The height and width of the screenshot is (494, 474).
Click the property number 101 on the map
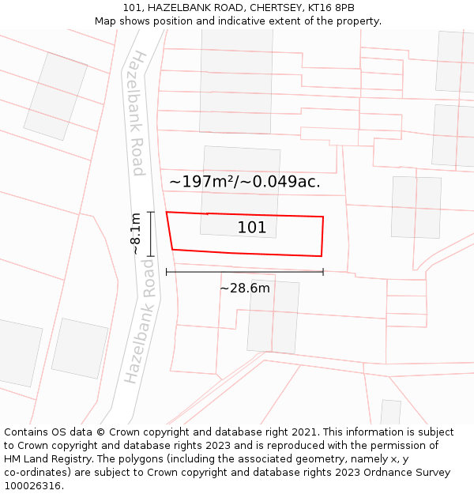click(252, 228)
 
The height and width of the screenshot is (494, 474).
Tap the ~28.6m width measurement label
click(244, 288)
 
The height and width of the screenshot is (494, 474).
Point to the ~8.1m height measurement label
click(135, 233)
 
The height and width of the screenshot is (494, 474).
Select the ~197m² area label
click(202, 182)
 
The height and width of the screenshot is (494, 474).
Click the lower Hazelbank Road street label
click(140, 328)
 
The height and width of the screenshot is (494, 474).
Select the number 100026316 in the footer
click(35, 485)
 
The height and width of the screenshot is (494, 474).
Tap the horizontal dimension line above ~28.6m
click(244, 272)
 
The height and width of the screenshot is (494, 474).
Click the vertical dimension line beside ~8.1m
click(150, 234)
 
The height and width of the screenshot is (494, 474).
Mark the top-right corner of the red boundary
click(323, 217)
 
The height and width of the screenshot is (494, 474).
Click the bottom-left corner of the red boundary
click(172, 250)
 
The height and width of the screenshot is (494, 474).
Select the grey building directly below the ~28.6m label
click(273, 317)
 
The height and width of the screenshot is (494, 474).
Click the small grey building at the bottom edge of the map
click(390, 412)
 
